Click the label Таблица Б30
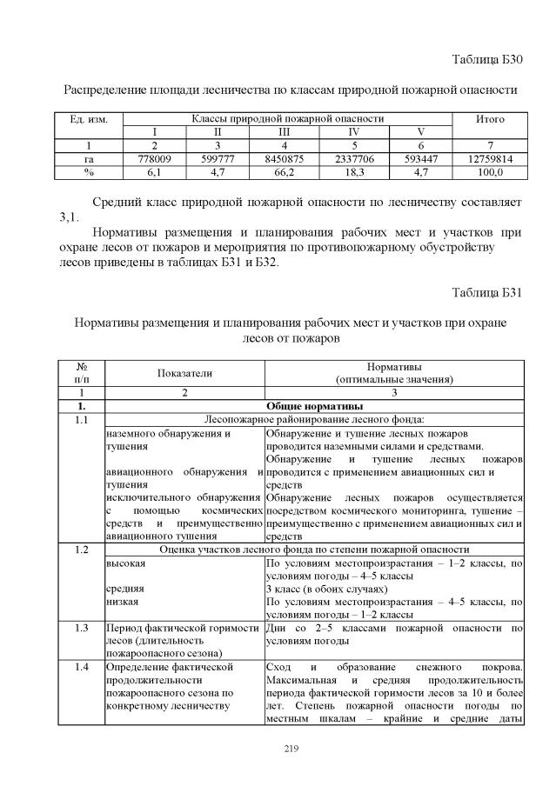click(x=487, y=60)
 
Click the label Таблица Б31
click(x=487, y=290)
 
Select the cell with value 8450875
click(x=284, y=159)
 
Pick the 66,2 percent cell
click(x=284, y=173)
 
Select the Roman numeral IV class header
click(x=354, y=132)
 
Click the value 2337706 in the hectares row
click(x=354, y=159)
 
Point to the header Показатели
click(x=184, y=373)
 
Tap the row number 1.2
click(x=82, y=550)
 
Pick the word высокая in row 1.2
click(x=126, y=563)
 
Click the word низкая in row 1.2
click(x=123, y=601)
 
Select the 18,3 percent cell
click(x=354, y=173)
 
